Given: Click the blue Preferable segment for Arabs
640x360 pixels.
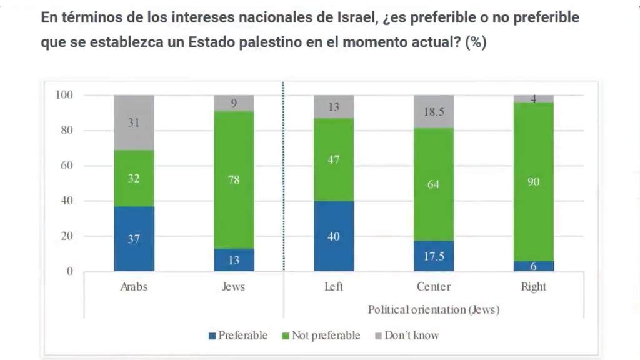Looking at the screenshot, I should pos(134,239).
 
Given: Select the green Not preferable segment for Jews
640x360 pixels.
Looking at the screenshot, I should pos(234,180).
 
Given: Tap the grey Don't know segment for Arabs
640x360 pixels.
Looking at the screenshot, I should pos(134,122).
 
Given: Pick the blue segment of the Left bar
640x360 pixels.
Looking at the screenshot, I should pos(334,236).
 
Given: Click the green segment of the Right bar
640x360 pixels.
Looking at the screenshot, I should pos(534,182).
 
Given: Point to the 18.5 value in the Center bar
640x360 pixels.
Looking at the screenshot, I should pos(434,112).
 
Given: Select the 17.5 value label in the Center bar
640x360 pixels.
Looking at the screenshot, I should pos(434,256).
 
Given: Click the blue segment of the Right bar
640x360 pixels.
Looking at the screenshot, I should pos(534,266).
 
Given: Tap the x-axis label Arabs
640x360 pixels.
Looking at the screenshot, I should pos(134,287).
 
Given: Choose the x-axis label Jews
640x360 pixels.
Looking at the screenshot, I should pos(234,287).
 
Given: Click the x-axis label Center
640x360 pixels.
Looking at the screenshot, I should pos(434,287).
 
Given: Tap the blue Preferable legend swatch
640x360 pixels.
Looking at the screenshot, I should pos(212,336).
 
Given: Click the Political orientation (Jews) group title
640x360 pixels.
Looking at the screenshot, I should pos(433,309).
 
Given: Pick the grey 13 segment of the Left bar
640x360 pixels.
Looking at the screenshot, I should pos(334,106).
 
